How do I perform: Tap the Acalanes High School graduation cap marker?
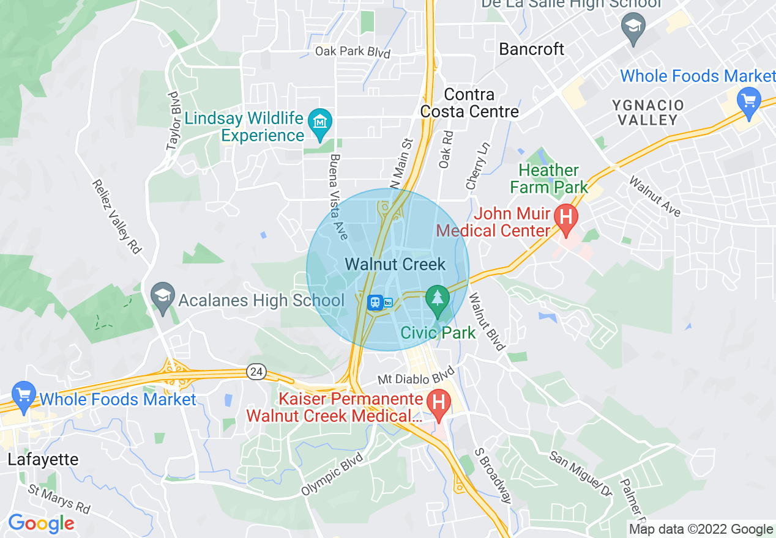[163, 297]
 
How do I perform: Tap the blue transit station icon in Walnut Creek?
[375, 302]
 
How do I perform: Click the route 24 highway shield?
[256, 370]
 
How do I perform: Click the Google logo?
[41, 523]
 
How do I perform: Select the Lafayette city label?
[43, 460]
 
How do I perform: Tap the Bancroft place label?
[532, 49]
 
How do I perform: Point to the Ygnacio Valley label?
[647, 112]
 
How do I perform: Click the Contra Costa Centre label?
[469, 103]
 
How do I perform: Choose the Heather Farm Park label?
[549, 179]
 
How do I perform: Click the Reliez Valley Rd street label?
[116, 216]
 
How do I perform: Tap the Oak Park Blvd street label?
[353, 51]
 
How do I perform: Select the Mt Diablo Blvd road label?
[416, 375]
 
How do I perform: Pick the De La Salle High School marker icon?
[633, 28]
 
